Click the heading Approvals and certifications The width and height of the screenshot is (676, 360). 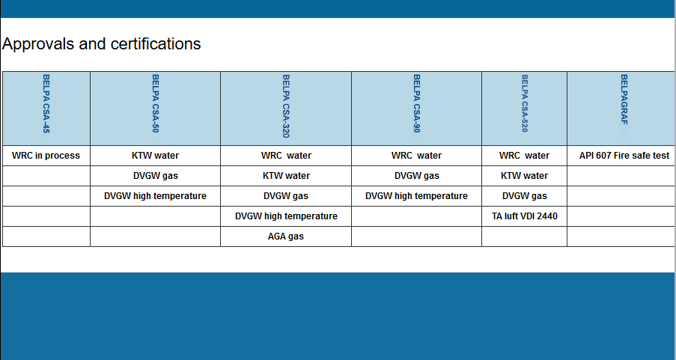tap(101, 44)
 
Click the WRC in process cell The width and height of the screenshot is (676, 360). tap(46, 156)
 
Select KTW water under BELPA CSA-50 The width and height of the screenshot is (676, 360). tap(155, 156)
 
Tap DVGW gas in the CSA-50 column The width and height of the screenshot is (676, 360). tap(155, 176)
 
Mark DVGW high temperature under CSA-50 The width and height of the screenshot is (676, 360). tap(155, 196)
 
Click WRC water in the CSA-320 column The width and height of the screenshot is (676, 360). tap(286, 156)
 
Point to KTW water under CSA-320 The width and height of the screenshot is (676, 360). tap(286, 176)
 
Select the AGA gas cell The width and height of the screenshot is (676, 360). tap(285, 237)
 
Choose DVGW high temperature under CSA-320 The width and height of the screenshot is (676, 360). tap(286, 216)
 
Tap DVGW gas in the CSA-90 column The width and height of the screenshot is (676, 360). tap(416, 176)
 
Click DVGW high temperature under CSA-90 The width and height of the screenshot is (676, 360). tap(416, 196)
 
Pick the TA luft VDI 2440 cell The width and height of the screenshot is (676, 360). tap(525, 216)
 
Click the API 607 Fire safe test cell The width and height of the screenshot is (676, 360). tap(624, 156)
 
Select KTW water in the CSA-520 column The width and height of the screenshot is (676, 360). tap(524, 176)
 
